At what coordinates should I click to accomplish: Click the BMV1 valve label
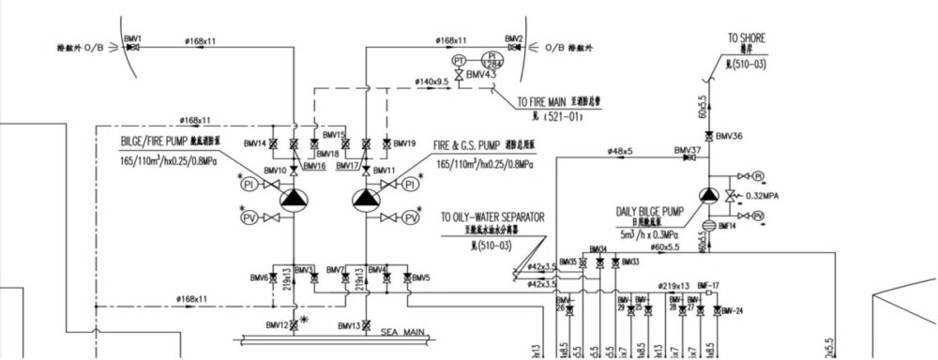(132, 38)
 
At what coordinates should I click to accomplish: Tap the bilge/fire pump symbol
(294, 199)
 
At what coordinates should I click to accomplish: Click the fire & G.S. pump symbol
(367, 199)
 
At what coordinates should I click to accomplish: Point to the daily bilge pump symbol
(709, 195)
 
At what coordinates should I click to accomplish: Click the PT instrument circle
(460, 60)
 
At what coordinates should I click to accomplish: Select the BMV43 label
(481, 75)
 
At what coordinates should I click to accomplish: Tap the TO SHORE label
(747, 38)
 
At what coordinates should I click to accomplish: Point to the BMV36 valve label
(729, 136)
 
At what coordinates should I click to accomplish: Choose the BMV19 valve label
(404, 143)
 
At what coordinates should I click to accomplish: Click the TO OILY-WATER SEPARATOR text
(492, 217)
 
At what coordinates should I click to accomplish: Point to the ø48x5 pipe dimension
(620, 150)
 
